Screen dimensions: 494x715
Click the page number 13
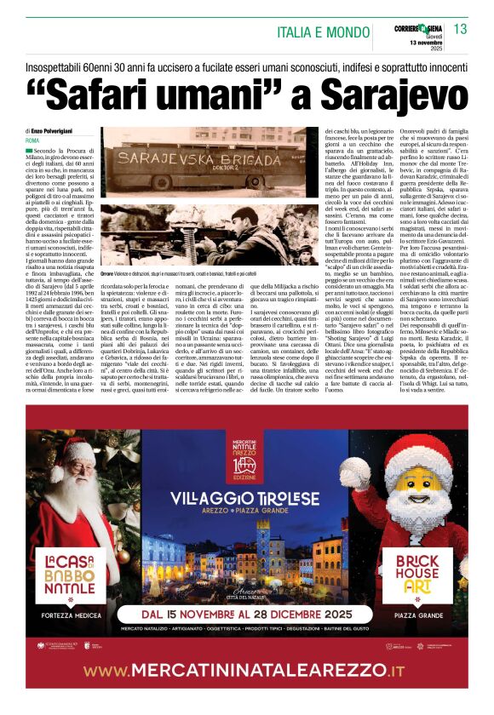pyautogui.click(x=461, y=29)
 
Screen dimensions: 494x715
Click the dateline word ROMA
pyautogui.click(x=33, y=140)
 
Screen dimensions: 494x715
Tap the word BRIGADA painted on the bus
pyautogui.click(x=224, y=157)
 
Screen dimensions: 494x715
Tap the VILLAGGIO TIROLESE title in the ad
pyautogui.click(x=246, y=499)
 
